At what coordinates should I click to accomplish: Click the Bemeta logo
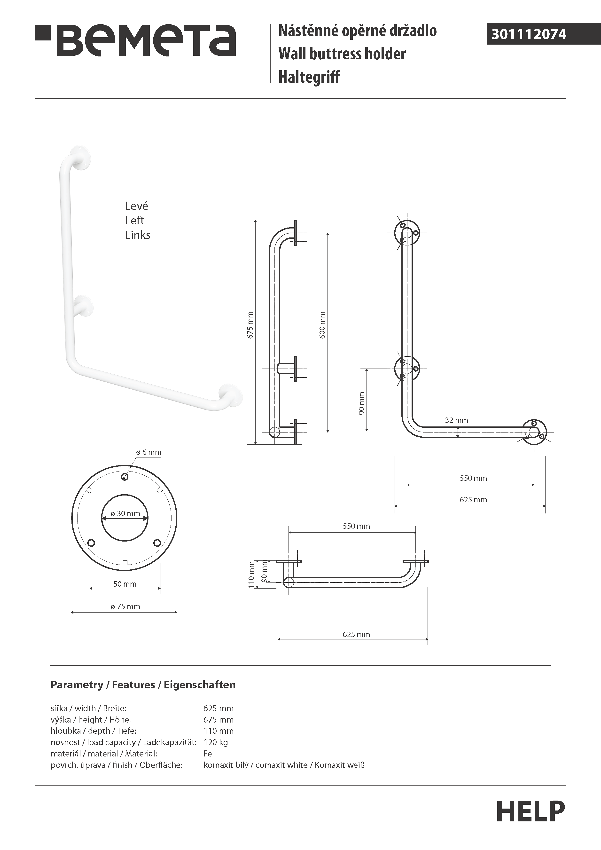click(x=135, y=40)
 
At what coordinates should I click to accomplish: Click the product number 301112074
click(x=529, y=34)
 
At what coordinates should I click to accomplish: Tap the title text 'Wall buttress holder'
click(x=342, y=54)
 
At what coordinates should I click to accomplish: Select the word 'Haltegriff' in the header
click(x=309, y=77)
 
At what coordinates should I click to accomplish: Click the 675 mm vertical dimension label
click(x=250, y=325)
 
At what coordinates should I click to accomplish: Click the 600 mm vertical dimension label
click(x=322, y=325)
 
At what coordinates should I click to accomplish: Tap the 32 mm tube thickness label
click(x=456, y=420)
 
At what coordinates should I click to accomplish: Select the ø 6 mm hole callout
click(x=148, y=452)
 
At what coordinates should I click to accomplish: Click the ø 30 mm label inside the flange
click(x=125, y=513)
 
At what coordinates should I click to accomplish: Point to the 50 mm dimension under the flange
click(x=125, y=584)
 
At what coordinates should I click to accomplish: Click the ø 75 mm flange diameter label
click(x=125, y=606)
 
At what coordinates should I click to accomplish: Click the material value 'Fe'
click(x=208, y=753)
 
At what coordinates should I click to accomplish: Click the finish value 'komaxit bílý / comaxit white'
click(x=255, y=765)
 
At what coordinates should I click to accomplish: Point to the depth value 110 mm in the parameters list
click(x=218, y=731)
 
